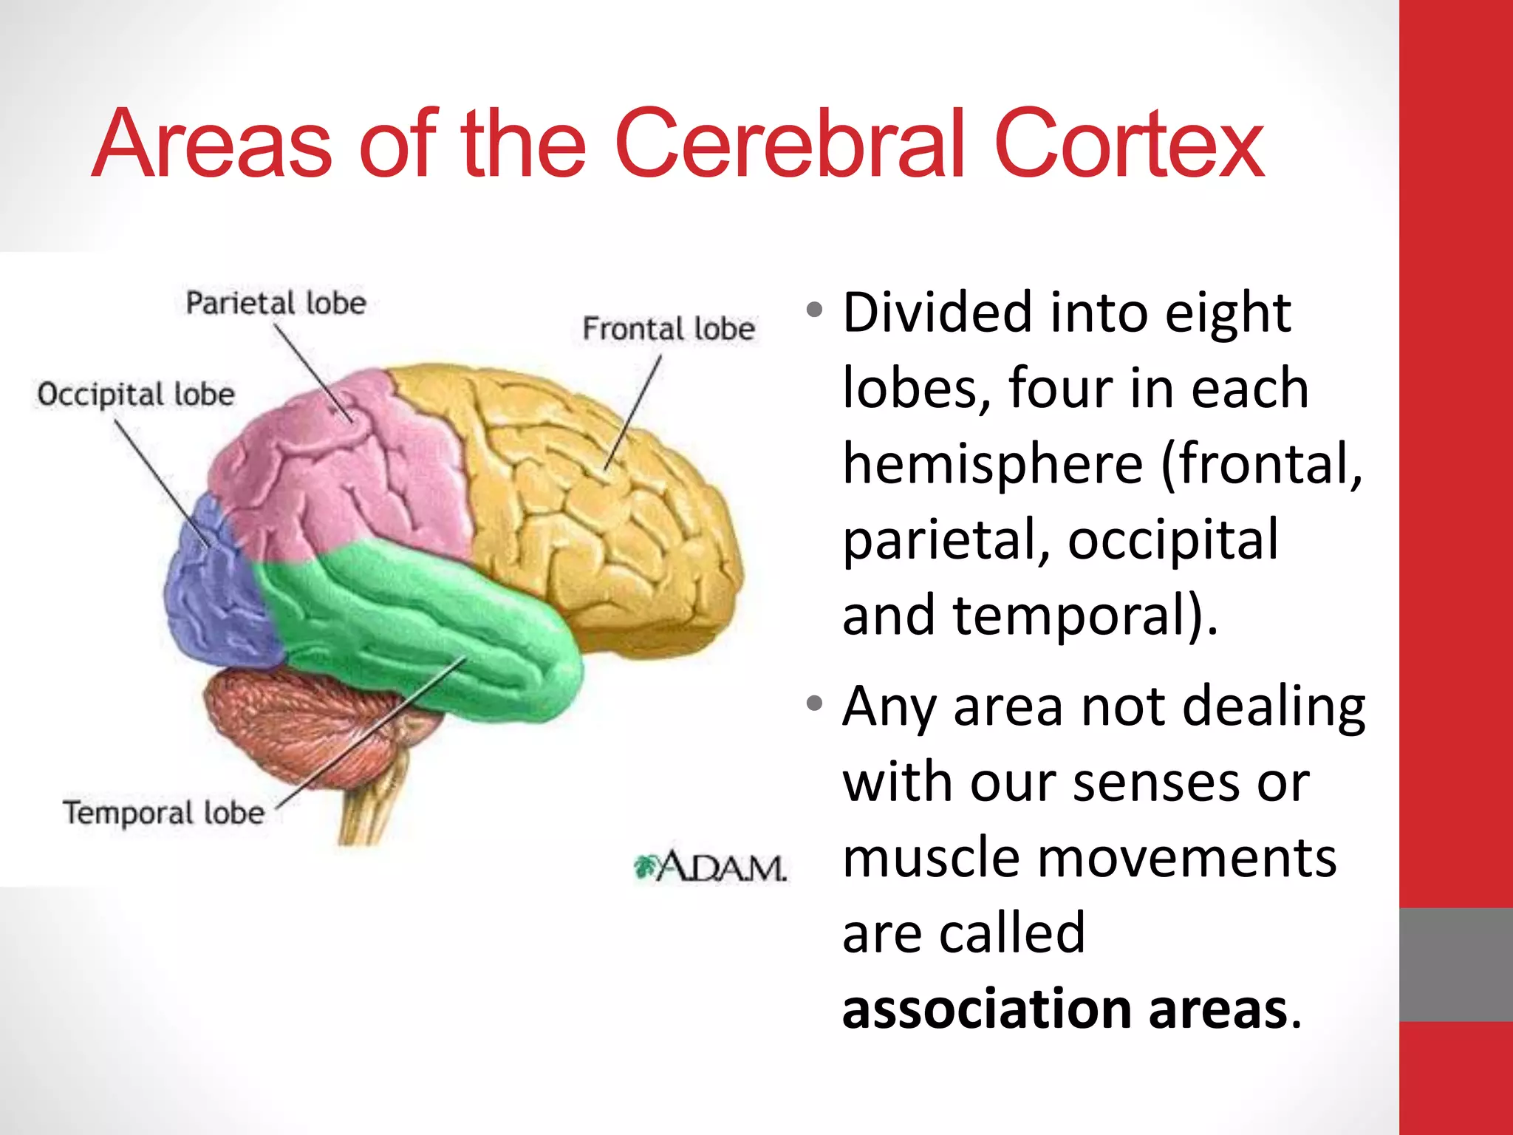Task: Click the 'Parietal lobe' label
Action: point(276,303)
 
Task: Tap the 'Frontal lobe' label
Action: point(669,329)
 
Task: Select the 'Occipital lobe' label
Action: point(136,395)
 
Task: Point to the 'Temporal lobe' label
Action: point(163,813)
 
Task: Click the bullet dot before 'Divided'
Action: point(814,310)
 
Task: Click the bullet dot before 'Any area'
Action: point(814,703)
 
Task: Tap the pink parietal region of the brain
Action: point(332,480)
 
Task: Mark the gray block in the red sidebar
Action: point(1455,964)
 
